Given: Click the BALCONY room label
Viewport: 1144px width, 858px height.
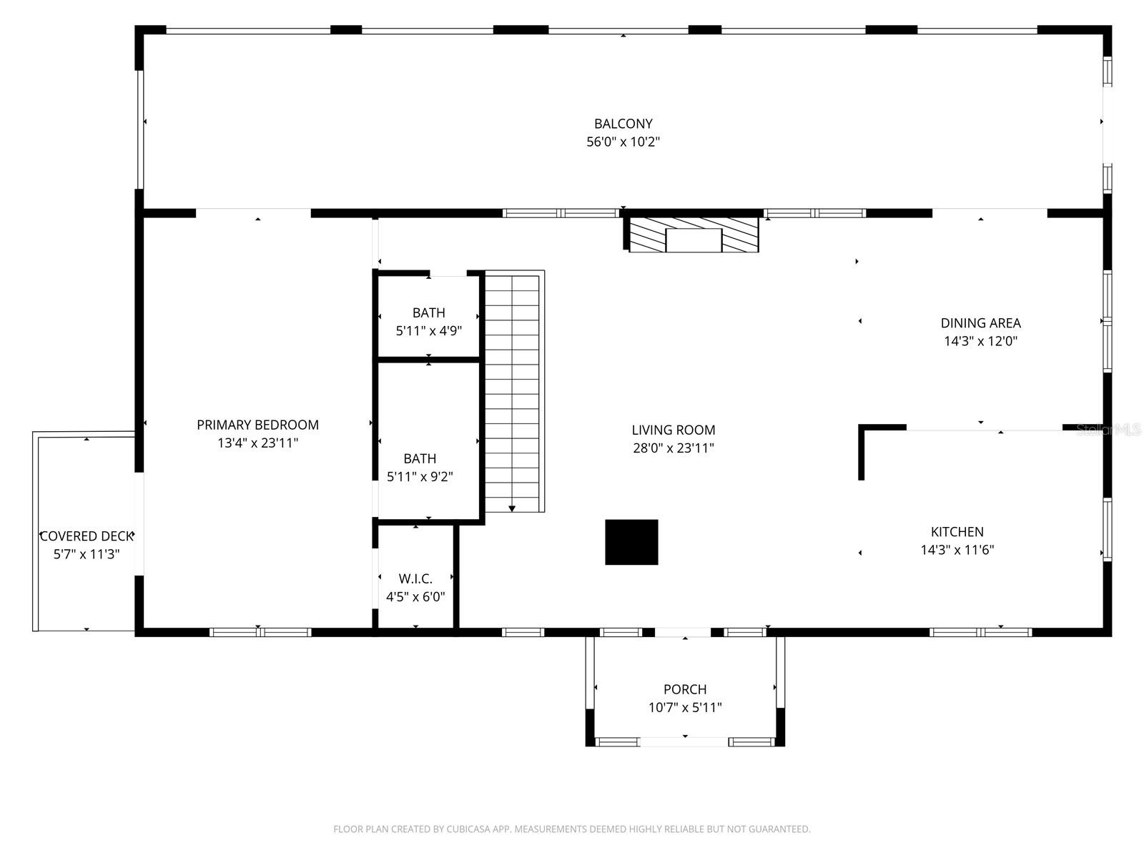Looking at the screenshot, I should pos(623,124).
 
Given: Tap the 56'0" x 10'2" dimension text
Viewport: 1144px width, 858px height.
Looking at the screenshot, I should pos(623,142).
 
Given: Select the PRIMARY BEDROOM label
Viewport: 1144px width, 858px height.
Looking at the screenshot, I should pos(257,425).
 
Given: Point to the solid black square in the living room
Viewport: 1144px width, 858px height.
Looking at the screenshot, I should pos(631,542).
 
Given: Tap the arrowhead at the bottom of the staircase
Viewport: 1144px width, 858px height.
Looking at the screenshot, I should pos(512,508).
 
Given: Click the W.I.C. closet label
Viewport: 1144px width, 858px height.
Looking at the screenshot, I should pos(415,578).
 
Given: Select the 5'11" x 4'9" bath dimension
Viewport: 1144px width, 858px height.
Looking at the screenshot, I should pos(428,331).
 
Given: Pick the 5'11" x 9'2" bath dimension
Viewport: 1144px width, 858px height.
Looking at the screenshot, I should pos(420,477).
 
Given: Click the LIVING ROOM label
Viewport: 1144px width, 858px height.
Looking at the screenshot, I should pos(673,430).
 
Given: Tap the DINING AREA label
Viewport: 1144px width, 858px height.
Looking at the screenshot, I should pos(980,323).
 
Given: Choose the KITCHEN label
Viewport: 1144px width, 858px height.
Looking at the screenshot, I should pos(957,532).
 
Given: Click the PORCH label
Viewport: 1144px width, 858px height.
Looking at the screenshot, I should pos(685,689).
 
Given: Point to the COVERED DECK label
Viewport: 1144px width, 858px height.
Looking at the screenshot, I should pos(87,536).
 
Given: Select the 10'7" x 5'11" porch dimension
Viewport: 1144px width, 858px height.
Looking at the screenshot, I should pos(685,708).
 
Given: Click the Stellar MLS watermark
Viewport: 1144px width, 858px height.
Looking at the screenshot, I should pos(1108,430).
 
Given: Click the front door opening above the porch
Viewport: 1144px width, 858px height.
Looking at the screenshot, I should pos(683,632).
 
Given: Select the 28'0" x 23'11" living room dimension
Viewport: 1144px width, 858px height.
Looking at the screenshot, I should pos(673,448).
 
